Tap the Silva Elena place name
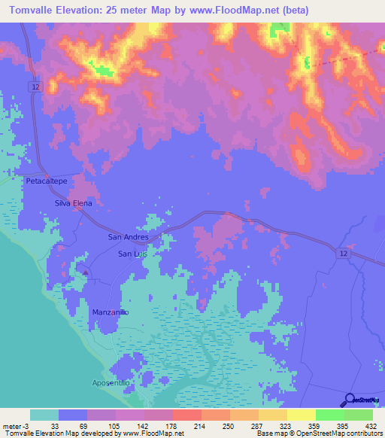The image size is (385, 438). click(x=73, y=203)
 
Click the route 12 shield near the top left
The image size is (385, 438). click(x=36, y=87)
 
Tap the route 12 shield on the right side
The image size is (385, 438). click(x=343, y=255)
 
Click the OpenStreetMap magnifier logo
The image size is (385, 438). click(x=350, y=399)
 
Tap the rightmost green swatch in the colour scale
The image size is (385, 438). click(x=358, y=415)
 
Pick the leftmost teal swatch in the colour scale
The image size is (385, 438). click(x=44, y=415)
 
